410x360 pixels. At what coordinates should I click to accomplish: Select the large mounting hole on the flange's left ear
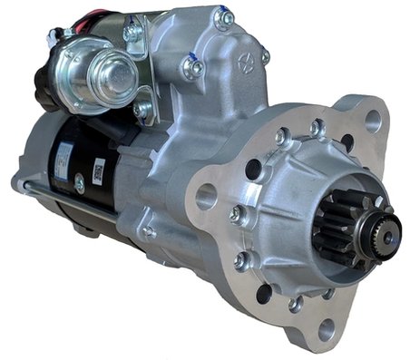207,196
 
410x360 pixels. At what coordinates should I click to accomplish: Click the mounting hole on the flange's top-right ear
372,119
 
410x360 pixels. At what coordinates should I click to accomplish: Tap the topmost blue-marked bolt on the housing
222,16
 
